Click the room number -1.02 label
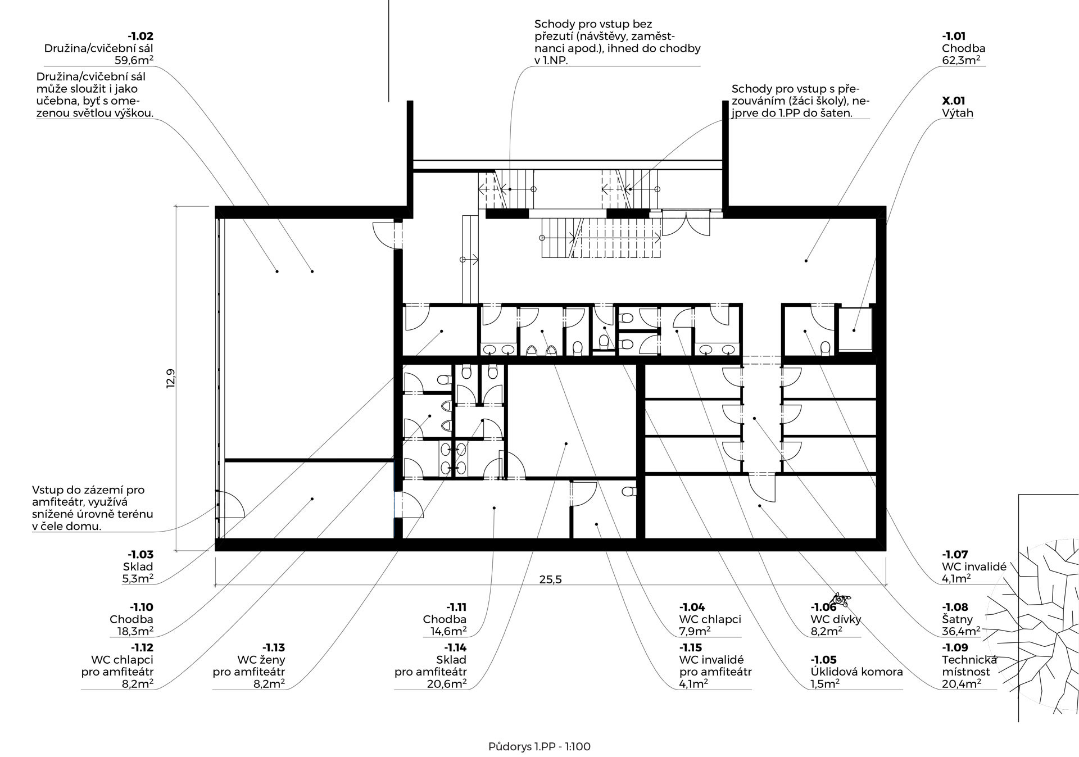140,37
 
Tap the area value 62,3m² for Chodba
964,60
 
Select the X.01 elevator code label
954,101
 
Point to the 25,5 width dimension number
551,579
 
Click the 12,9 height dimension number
171,378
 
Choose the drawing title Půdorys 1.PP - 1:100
539,747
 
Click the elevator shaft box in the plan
855,329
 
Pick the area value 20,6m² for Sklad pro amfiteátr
447,684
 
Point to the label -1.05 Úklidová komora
856,666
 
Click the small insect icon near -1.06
840,600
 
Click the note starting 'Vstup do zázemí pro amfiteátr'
93,509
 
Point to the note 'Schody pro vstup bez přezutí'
618,42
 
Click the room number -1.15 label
691,648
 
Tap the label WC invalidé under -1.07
974,566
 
